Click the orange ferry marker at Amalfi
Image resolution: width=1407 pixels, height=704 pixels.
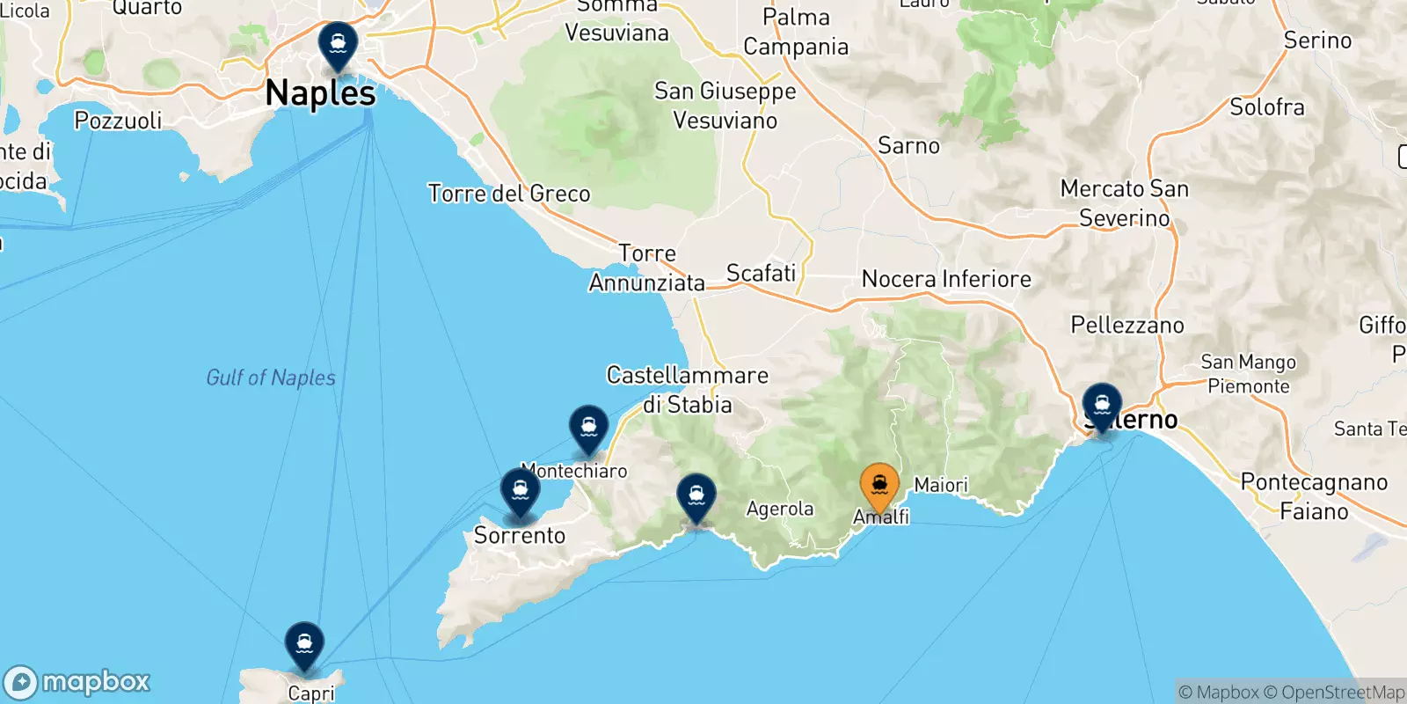[x=878, y=484]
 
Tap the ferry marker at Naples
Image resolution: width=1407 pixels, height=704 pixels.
[x=338, y=43]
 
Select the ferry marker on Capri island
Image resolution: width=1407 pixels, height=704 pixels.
[x=304, y=643]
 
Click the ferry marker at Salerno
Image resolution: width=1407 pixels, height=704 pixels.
[x=1101, y=405]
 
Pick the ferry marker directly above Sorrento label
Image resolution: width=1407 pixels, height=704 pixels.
[x=520, y=490]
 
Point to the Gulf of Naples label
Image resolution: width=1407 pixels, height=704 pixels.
[x=271, y=378]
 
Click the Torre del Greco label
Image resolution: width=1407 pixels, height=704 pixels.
[x=508, y=194]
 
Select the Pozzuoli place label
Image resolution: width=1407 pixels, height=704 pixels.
[x=118, y=121]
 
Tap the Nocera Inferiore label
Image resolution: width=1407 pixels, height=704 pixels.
[x=946, y=279]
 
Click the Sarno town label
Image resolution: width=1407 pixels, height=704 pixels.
[x=908, y=145]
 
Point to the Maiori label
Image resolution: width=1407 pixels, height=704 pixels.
[x=941, y=485]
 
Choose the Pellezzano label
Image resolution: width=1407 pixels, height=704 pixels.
[x=1127, y=325]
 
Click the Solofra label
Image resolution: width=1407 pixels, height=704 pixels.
[x=1266, y=107]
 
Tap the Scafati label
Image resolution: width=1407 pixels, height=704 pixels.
[x=761, y=274]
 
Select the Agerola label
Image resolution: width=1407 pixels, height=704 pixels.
[x=780, y=509]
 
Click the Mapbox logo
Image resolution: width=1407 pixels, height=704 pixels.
[x=77, y=682]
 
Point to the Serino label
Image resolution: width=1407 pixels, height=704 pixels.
[x=1317, y=40]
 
